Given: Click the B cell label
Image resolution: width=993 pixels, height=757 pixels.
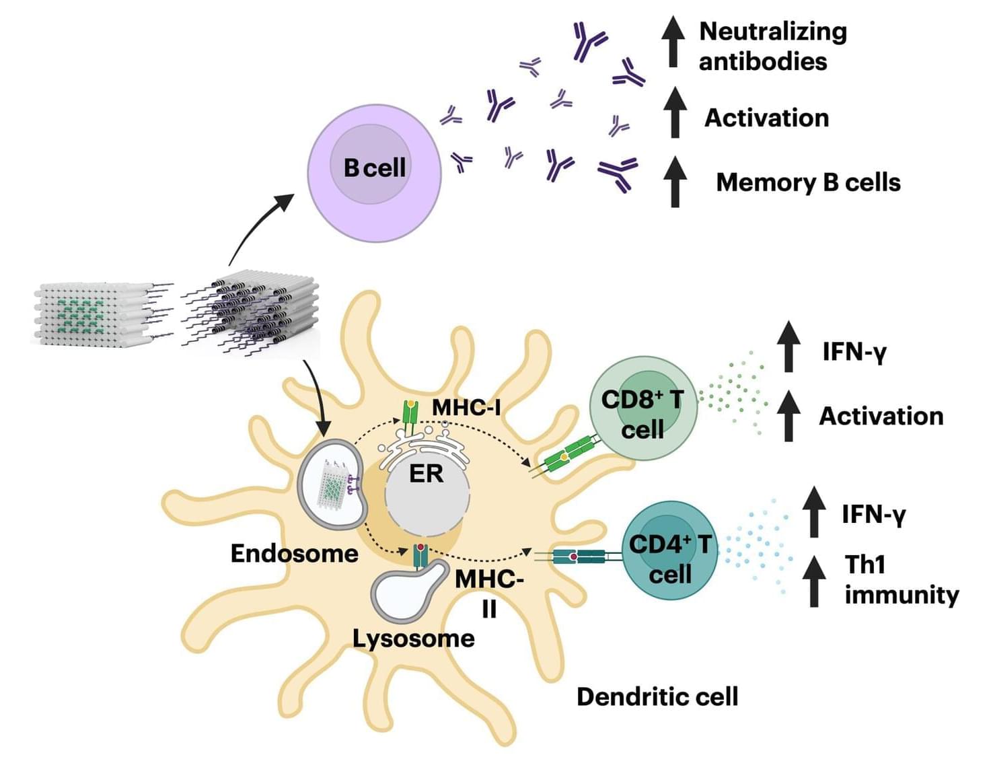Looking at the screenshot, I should [375, 168].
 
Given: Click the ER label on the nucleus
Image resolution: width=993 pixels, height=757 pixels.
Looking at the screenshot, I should [427, 474].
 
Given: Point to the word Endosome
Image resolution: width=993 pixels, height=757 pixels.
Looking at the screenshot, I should [294, 553].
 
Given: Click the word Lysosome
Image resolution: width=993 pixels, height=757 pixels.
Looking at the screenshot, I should [414, 638].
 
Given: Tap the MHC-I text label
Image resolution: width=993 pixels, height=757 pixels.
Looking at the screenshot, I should [466, 407].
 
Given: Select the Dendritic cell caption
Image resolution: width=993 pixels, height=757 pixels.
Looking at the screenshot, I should [657, 696].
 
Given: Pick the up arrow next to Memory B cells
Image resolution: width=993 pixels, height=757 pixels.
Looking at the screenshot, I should [675, 182].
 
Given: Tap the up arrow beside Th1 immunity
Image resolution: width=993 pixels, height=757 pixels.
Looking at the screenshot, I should [814, 581].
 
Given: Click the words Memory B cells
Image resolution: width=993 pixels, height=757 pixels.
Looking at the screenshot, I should [808, 182].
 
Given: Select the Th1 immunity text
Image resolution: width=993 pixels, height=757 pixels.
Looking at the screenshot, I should [902, 579].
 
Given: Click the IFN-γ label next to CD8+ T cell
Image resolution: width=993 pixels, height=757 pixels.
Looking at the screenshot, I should [854, 351].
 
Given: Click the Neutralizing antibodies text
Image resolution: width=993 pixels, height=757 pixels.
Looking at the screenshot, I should [772, 46].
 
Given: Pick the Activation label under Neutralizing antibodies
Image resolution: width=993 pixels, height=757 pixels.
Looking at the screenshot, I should [766, 118].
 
